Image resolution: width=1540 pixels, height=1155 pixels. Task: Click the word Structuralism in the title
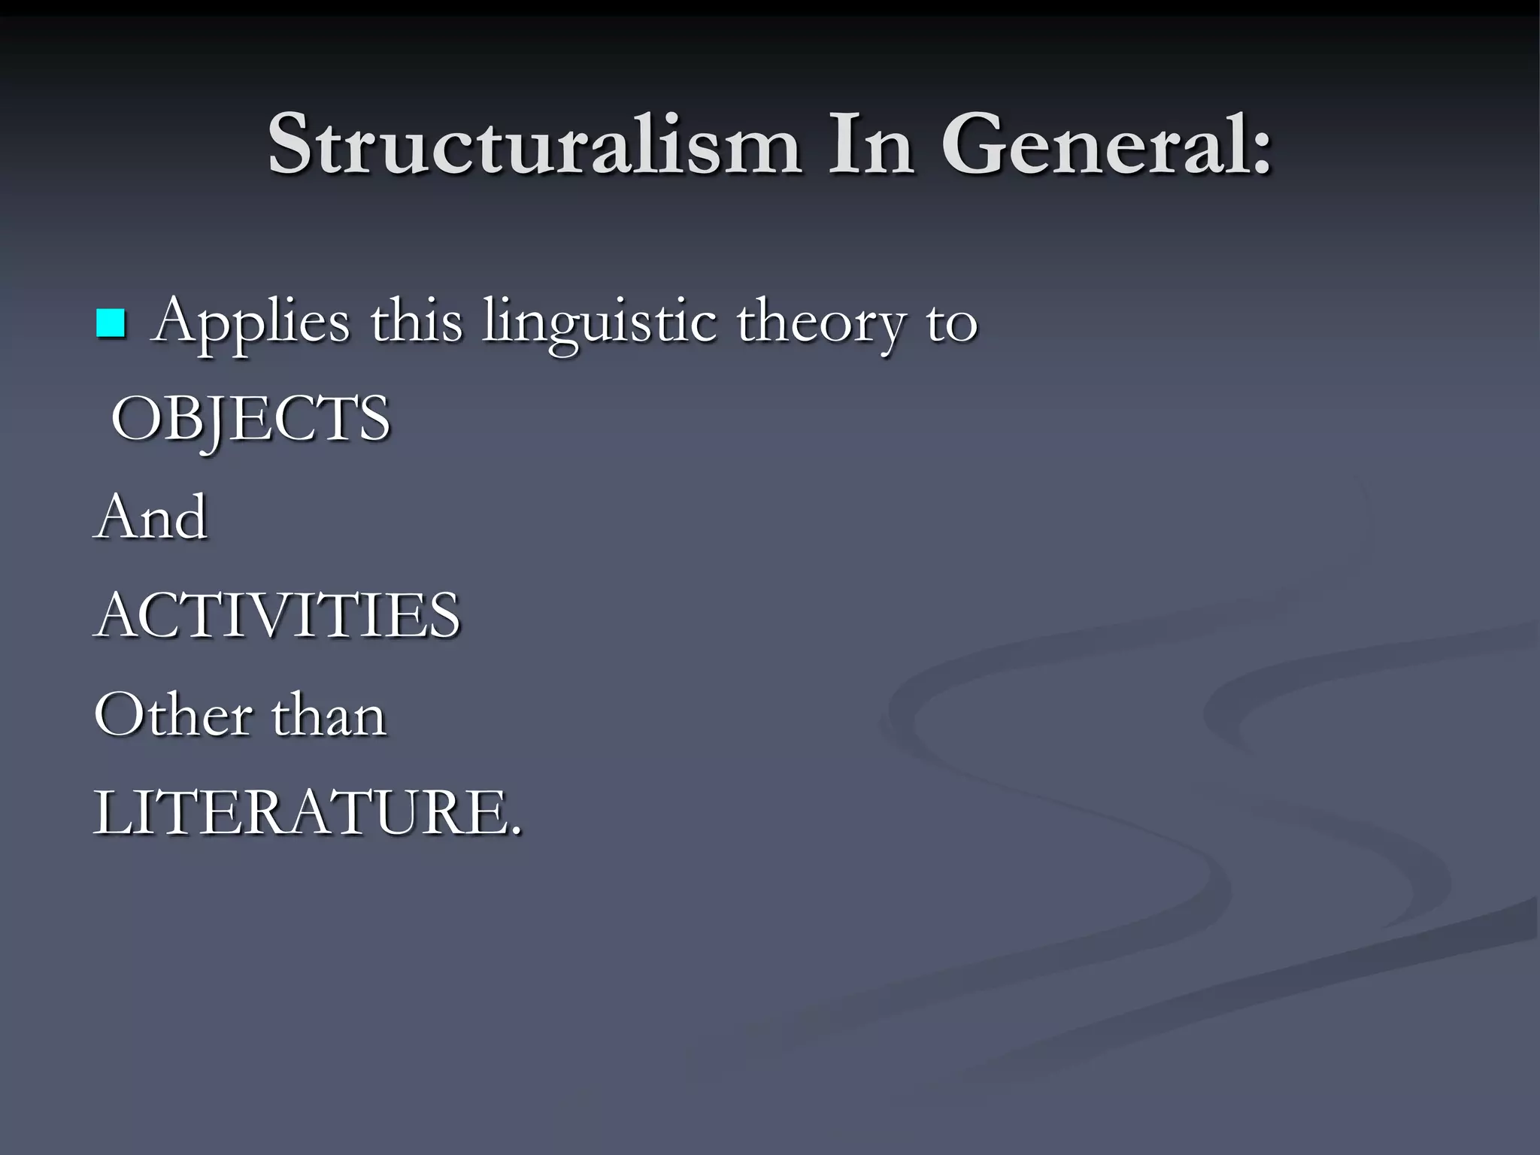(x=534, y=144)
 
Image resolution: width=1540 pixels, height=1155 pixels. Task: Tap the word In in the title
(x=871, y=144)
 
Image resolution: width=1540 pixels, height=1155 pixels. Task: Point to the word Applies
(x=251, y=323)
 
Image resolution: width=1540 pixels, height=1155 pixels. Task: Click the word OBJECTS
(x=250, y=419)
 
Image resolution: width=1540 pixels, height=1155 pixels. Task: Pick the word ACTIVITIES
(x=277, y=614)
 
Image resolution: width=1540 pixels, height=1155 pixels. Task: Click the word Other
(x=174, y=714)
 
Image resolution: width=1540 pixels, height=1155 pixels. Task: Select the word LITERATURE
(x=301, y=813)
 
